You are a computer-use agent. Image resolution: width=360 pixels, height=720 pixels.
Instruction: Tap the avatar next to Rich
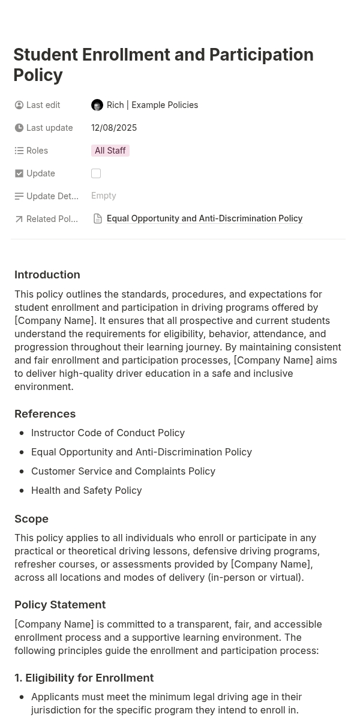(x=97, y=105)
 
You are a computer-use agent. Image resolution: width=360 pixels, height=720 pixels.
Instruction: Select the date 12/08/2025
(x=114, y=128)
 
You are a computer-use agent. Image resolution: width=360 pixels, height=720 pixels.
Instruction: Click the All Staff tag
(x=110, y=151)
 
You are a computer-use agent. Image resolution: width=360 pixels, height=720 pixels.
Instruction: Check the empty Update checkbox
(x=96, y=173)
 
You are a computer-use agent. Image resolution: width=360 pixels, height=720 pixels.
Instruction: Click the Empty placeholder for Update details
(x=104, y=196)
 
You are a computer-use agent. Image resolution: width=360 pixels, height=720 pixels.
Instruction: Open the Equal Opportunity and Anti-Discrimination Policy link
(x=205, y=218)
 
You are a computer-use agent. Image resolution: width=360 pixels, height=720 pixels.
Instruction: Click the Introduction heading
(x=47, y=275)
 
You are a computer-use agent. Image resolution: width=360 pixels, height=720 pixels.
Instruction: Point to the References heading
(x=45, y=414)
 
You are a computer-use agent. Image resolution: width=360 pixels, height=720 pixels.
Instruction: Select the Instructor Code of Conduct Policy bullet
(x=108, y=433)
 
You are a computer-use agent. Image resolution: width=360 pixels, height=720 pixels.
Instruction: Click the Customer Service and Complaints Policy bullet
(x=123, y=471)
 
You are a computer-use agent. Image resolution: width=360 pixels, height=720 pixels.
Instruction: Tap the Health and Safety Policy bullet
(x=86, y=490)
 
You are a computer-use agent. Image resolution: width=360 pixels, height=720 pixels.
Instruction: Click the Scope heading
(x=31, y=519)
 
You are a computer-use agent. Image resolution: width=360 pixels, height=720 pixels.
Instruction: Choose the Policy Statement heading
(x=60, y=605)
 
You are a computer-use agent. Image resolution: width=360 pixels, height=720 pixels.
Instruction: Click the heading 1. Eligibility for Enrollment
(x=84, y=678)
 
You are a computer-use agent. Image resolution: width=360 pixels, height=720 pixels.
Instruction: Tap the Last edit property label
(x=43, y=105)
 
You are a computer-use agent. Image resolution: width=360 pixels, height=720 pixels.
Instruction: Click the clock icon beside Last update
(x=19, y=128)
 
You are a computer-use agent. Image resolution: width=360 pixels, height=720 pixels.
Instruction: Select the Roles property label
(x=37, y=151)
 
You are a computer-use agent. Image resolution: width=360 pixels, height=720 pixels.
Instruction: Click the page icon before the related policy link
(x=98, y=219)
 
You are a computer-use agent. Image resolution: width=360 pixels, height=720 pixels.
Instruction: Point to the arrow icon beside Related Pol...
(x=19, y=219)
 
